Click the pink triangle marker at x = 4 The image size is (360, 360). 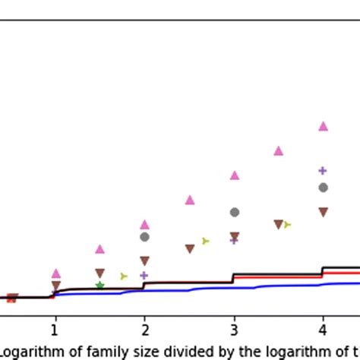323,126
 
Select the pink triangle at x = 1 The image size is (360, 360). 55,273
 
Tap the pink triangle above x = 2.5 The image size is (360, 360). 190,200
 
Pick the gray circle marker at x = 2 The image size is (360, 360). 144,237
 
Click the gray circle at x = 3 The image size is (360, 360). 235,212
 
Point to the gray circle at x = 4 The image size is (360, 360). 323,188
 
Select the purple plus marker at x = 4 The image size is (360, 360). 322,171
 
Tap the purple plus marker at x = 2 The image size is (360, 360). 144,275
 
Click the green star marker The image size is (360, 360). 99,286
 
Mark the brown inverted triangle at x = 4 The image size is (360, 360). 323,213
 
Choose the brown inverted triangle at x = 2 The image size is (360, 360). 144,261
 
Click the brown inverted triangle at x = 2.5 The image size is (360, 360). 190,249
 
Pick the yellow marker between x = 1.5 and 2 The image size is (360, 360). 124,276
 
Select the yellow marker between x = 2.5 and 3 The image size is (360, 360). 206,242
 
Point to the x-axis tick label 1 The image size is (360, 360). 55,330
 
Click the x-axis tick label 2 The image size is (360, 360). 144,330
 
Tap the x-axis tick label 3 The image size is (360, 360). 234,330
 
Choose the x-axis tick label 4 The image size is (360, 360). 323,330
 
